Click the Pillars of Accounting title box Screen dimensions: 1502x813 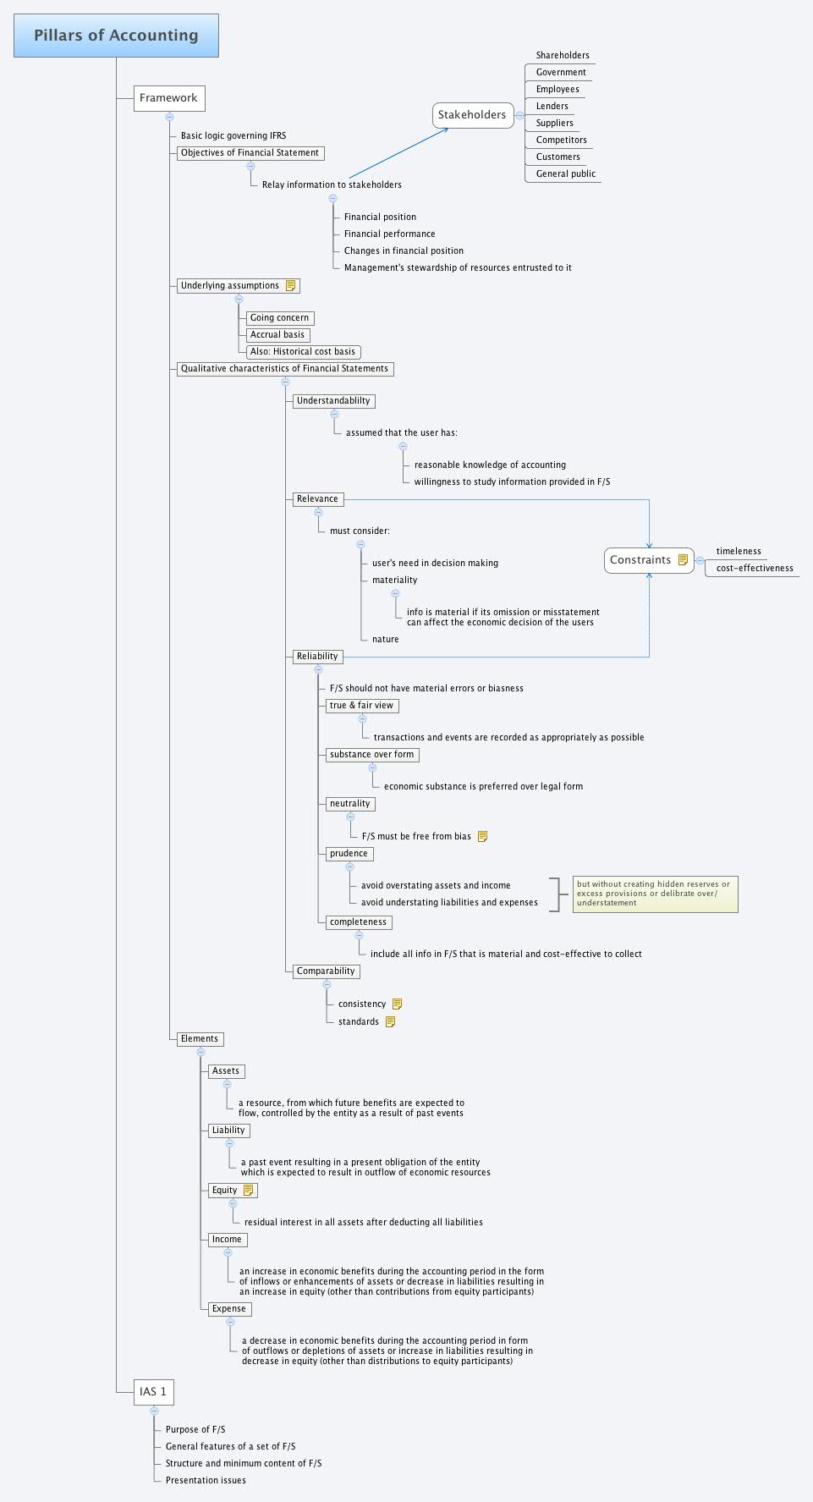coord(116,36)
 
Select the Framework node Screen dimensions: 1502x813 coord(168,98)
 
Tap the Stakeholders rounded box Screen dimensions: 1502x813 coord(472,115)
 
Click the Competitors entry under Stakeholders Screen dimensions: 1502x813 coord(561,140)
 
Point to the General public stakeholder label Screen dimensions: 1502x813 coord(565,174)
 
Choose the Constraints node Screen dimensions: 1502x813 coord(640,560)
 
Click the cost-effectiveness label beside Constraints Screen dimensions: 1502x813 coord(754,569)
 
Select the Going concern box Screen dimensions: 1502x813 coord(279,318)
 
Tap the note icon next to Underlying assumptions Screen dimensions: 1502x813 coord(290,286)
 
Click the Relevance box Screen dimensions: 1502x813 coord(317,499)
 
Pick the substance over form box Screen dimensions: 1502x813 coord(371,755)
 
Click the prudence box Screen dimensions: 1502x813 coord(349,854)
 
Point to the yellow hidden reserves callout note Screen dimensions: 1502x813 coord(654,894)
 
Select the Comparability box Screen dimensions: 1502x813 coord(326,971)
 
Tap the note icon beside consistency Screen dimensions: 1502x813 coord(397,1004)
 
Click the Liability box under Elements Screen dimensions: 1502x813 coord(228,1131)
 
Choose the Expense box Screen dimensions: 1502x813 coord(228,1309)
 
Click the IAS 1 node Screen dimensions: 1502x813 coord(153,1391)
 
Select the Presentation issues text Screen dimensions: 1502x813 coord(206,1481)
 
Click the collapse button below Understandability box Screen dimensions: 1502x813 coord(333,415)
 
